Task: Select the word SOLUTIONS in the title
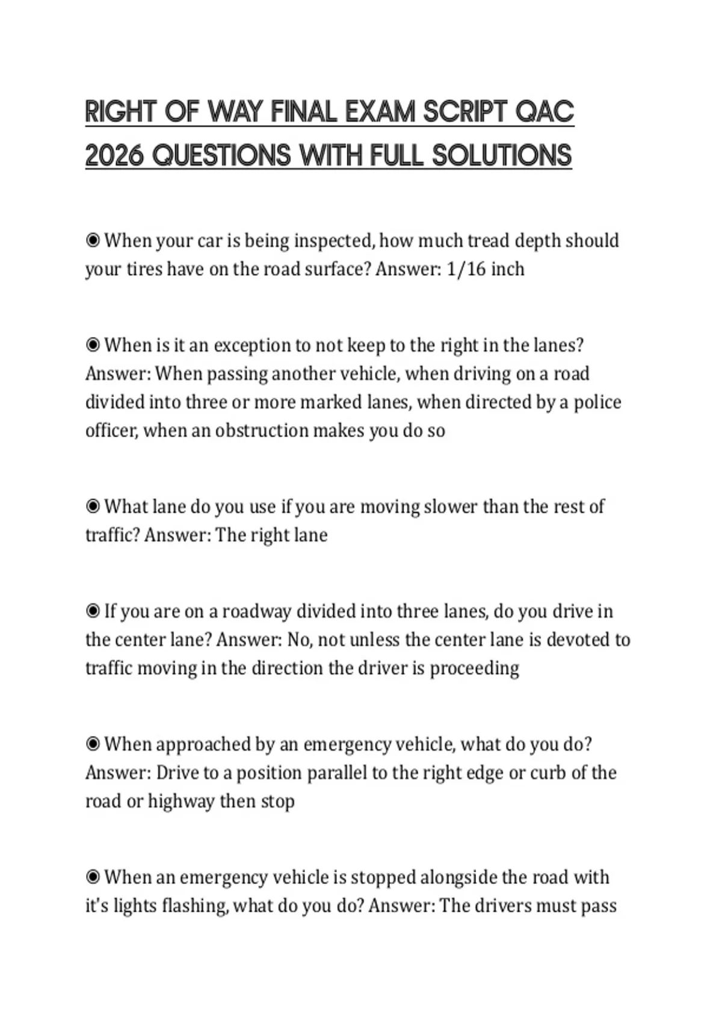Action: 501,156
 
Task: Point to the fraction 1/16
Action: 466,269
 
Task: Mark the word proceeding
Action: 474,669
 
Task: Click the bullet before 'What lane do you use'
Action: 93,507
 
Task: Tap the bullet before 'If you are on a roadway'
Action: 93,611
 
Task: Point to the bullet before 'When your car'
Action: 93,241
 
